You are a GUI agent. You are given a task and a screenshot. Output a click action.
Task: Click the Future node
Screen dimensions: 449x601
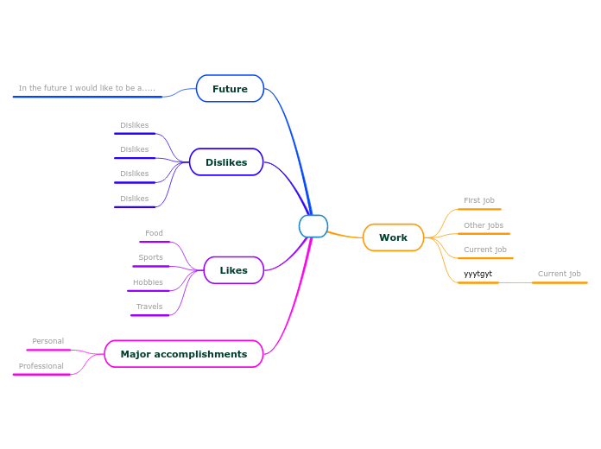230,89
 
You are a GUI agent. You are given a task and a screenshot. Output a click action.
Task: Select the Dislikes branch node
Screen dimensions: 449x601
226,162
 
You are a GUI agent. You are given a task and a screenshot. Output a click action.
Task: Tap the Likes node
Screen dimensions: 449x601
233,270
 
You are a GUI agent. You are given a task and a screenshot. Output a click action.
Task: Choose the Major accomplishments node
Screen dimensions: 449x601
183,354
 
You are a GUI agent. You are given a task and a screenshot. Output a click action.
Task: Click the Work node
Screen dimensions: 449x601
393,237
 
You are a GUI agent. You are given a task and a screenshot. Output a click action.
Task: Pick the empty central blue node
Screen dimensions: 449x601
313,226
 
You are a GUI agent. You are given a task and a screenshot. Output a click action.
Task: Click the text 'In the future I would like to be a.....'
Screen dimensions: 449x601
87,88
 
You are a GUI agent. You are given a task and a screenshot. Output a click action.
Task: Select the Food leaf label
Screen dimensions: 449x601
154,233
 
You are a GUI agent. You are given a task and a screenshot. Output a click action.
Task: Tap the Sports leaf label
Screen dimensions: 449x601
150,257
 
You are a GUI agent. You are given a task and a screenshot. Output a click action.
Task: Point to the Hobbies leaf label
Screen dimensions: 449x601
148,282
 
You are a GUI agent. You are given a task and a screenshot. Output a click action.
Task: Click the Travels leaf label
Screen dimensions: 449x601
149,307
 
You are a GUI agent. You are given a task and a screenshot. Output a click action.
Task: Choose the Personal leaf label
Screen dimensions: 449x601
47,341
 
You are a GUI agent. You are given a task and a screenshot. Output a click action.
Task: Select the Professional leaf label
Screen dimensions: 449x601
41,366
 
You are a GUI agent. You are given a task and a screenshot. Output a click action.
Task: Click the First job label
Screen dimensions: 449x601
479,200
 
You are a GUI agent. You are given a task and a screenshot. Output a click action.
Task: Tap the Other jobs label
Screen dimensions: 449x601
484,225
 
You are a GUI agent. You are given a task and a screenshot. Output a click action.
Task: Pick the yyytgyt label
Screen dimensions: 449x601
478,274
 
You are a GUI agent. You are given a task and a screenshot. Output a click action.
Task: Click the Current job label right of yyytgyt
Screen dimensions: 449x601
560,274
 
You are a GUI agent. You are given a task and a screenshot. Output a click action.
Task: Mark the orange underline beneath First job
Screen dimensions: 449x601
479,209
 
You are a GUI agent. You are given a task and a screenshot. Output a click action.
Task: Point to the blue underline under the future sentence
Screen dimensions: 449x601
87,97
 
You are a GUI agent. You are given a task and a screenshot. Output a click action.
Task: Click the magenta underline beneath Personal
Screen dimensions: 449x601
48,350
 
